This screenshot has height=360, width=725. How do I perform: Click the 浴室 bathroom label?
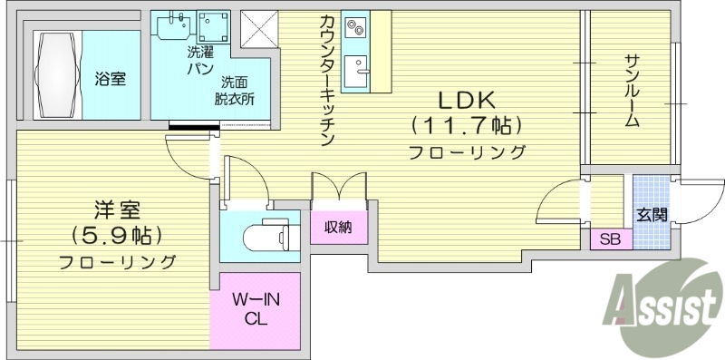110,79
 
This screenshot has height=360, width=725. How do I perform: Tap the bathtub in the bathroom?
57,73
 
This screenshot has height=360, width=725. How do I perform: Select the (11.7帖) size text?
466,125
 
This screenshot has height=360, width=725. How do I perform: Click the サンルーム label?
632,91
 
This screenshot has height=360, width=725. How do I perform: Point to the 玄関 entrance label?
652,215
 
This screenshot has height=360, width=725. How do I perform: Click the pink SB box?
610,240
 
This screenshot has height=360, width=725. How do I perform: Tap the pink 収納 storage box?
339,227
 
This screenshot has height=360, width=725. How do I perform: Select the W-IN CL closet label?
255,309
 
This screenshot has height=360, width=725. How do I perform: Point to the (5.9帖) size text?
118,237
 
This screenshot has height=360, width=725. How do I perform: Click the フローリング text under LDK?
466,151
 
